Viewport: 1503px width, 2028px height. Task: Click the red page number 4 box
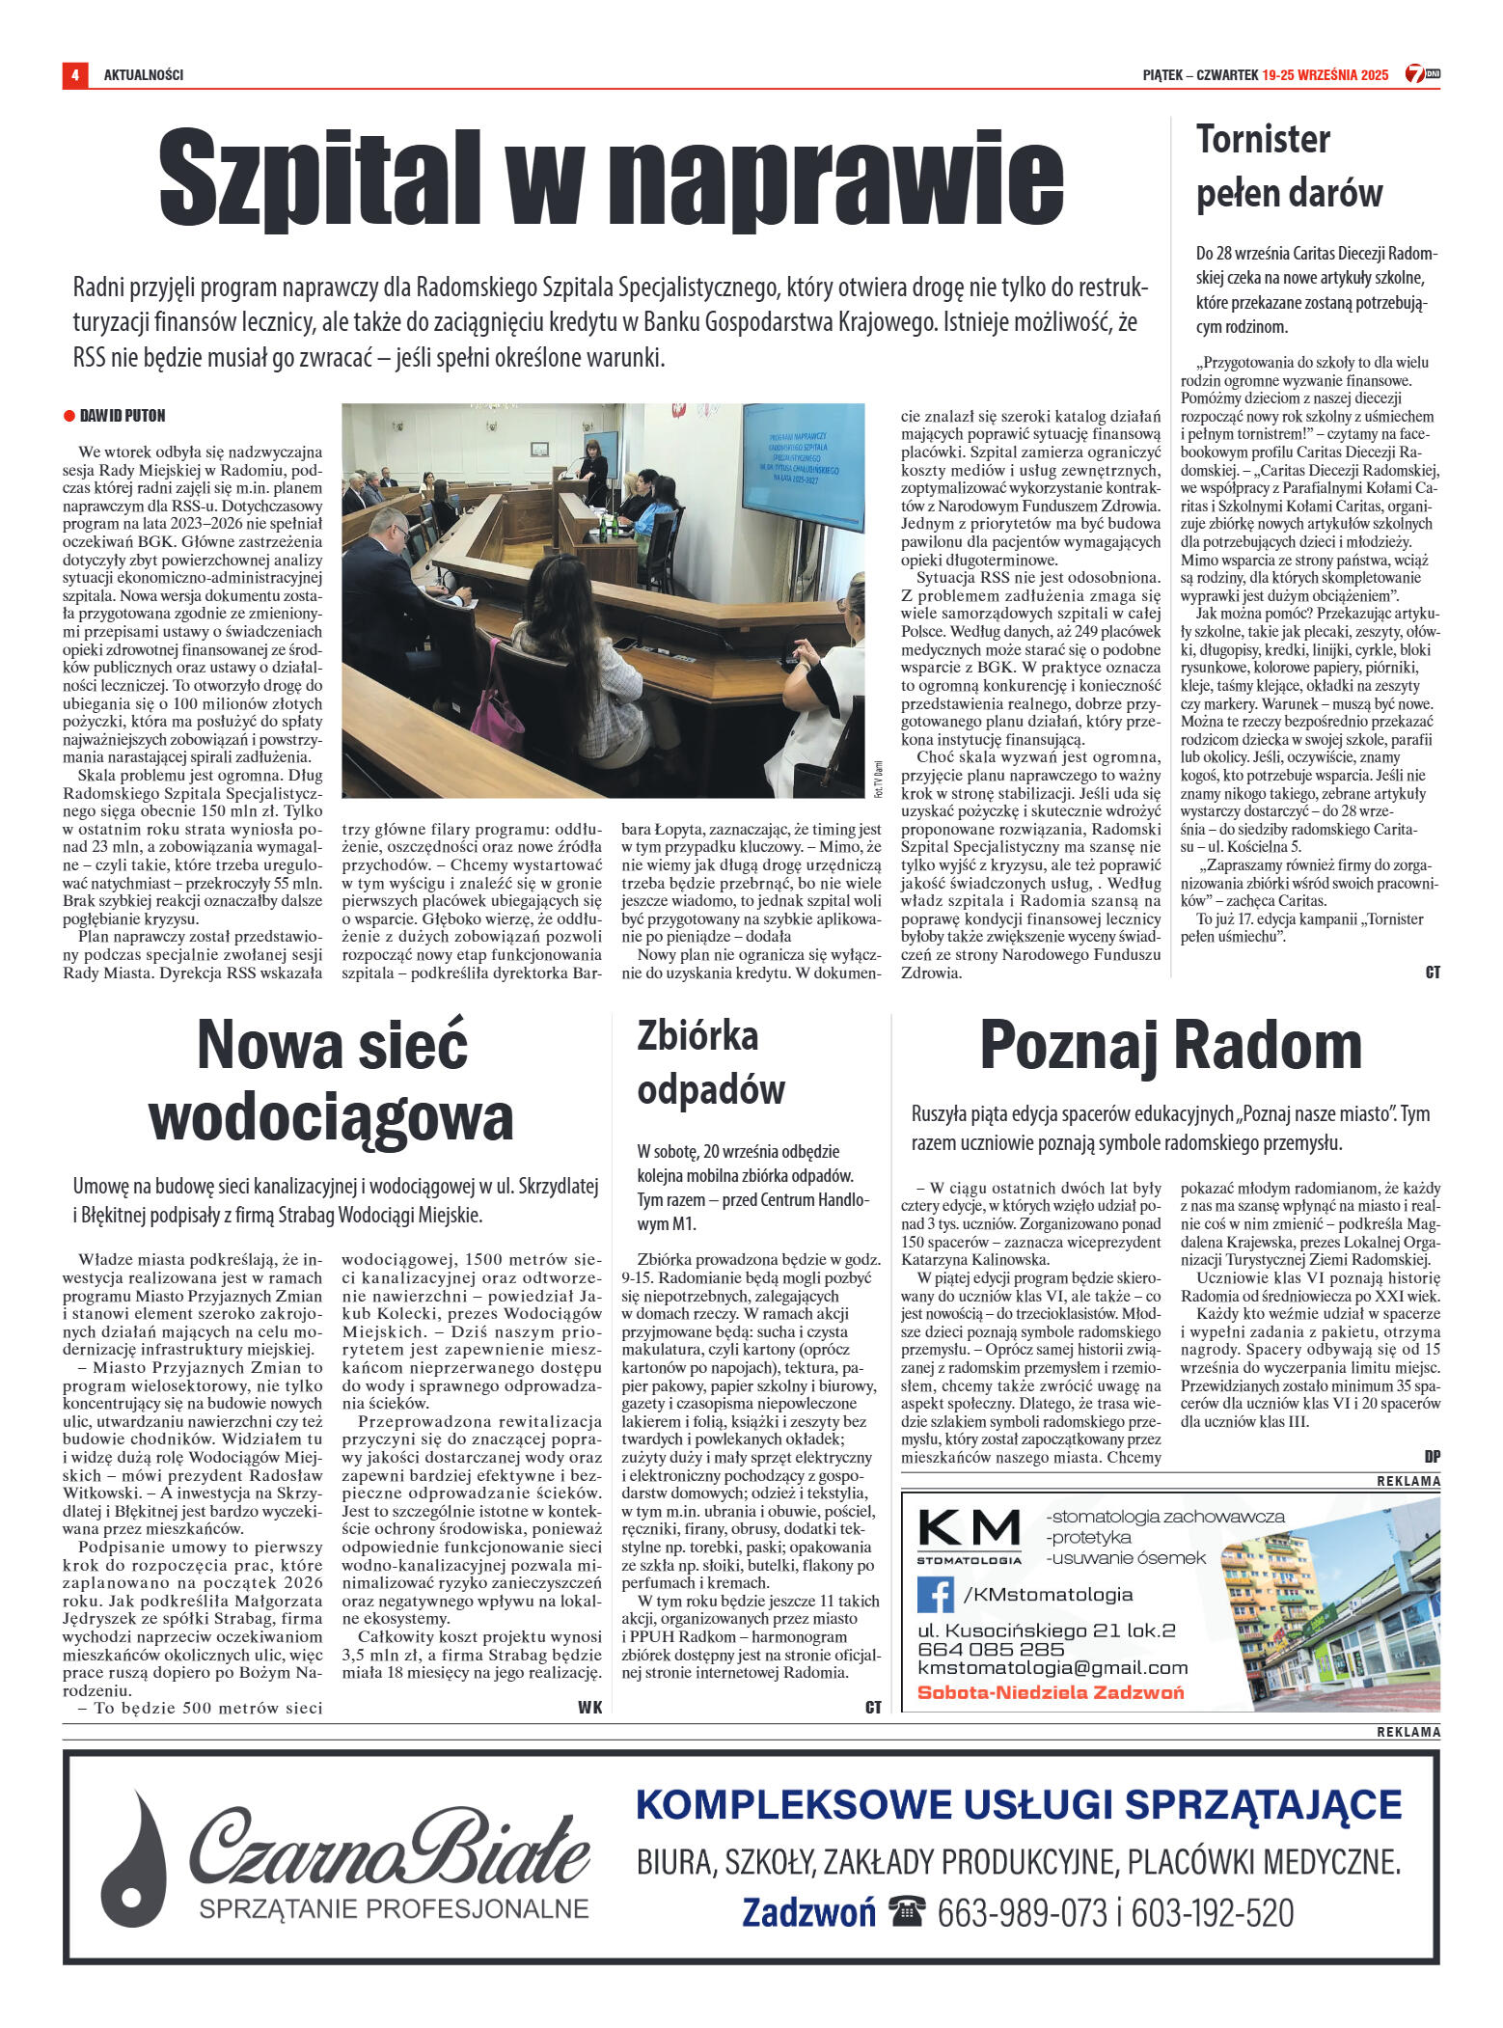(x=74, y=74)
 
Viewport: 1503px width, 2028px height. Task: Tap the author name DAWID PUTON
(x=123, y=416)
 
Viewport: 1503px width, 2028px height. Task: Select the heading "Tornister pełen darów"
(x=1289, y=166)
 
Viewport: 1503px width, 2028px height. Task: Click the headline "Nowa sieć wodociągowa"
(x=331, y=1081)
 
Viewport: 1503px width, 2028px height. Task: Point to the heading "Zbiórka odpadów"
(x=711, y=1063)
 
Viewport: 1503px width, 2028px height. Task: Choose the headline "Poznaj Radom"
(x=1170, y=1046)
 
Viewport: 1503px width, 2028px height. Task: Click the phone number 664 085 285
(x=991, y=1649)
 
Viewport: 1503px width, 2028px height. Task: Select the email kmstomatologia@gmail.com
(x=1052, y=1667)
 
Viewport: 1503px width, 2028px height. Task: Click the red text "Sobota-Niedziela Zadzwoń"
(x=1050, y=1692)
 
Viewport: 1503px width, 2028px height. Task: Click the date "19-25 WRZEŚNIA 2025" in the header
(x=1325, y=75)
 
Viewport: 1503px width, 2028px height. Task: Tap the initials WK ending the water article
(x=589, y=1707)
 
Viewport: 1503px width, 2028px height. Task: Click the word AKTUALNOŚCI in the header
(x=144, y=75)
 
